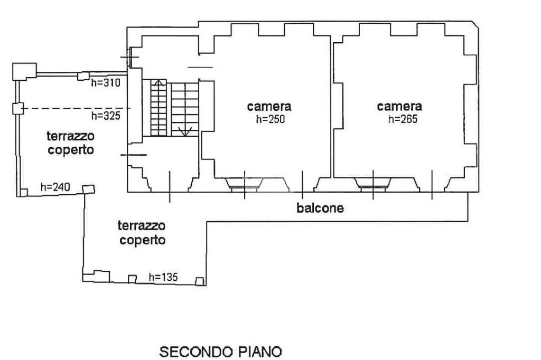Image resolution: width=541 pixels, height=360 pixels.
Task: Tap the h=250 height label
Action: [270, 119]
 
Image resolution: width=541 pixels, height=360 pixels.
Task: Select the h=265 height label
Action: [403, 119]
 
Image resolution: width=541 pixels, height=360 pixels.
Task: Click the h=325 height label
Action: [106, 116]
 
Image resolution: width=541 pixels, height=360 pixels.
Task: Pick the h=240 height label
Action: [55, 187]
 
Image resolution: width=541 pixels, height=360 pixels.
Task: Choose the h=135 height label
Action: [163, 277]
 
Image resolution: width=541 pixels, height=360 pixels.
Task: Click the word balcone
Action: [320, 208]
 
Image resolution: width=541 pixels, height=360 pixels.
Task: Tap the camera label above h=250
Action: [269, 106]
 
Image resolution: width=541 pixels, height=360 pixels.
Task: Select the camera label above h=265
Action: [399, 106]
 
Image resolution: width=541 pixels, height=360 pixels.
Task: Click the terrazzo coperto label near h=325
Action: [71, 143]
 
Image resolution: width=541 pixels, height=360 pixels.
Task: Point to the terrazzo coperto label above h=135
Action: [142, 233]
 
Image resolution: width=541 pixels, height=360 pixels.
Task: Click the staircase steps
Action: [174, 108]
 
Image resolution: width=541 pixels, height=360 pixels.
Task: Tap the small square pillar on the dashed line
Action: [17, 109]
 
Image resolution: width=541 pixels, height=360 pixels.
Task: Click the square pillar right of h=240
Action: [88, 188]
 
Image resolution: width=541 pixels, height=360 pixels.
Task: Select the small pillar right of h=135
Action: [200, 281]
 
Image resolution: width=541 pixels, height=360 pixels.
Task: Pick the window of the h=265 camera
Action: [373, 183]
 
